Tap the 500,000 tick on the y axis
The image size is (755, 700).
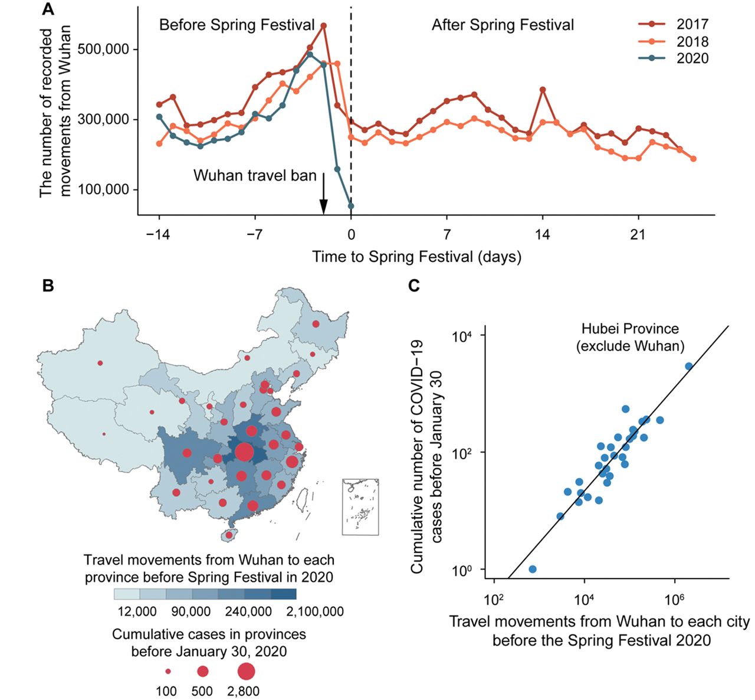click(104, 49)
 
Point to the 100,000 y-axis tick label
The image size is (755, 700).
click(104, 189)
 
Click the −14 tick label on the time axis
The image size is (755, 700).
click(158, 234)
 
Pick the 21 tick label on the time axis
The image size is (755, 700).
click(638, 234)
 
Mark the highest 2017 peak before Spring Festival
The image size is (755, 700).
click(324, 25)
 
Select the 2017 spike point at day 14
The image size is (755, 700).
click(543, 90)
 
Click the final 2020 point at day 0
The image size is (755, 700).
click(351, 206)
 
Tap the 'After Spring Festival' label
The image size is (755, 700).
click(503, 25)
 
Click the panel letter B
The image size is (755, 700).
click(48, 286)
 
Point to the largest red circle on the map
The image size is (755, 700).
click(244, 453)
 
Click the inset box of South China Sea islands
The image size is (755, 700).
click(360, 507)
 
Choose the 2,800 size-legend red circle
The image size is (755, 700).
click(246, 671)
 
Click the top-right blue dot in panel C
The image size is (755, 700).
click(688, 366)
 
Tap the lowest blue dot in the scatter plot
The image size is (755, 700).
click(533, 569)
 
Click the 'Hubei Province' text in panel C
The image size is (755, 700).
click(630, 329)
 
